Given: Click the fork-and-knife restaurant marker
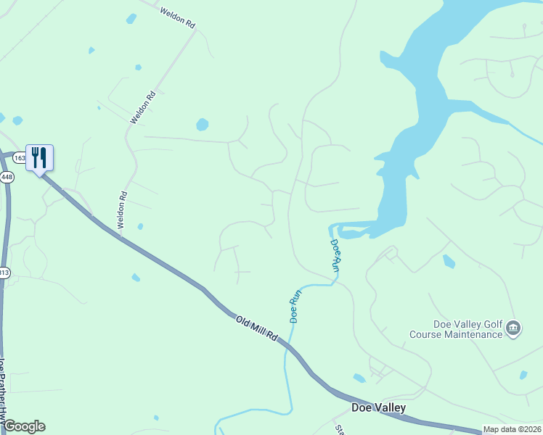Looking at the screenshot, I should [x=39, y=157].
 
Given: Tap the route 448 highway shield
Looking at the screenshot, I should [x=7, y=177].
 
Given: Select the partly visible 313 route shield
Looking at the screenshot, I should [x=4, y=273].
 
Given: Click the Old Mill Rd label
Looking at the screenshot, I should [x=256, y=328].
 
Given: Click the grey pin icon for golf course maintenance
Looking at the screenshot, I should [x=513, y=328].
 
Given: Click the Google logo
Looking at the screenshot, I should [x=23, y=426].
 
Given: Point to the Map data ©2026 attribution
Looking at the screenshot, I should [x=512, y=429].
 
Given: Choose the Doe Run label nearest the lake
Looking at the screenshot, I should [x=335, y=255].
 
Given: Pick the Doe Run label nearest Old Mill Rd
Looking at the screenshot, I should [x=295, y=306].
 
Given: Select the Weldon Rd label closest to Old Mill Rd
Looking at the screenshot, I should [x=123, y=210].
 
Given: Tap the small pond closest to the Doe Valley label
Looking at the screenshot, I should [x=359, y=378].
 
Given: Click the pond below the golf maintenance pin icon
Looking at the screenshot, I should [x=523, y=375].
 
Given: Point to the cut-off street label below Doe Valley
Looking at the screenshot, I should [x=339, y=428].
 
